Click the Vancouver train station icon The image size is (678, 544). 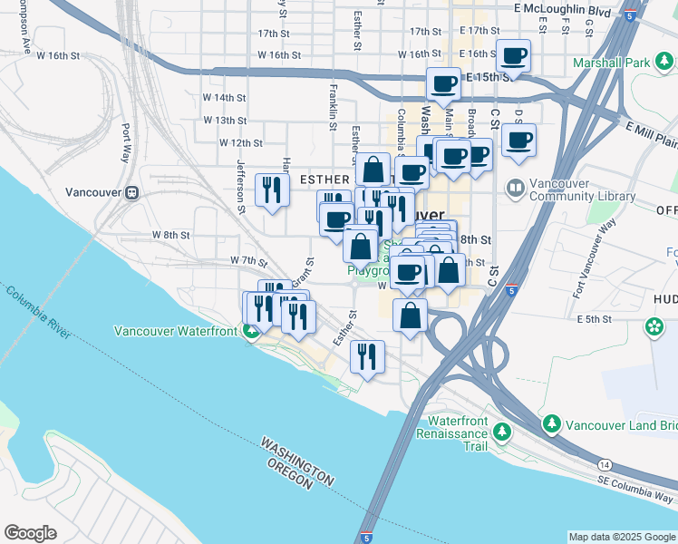click(x=132, y=192)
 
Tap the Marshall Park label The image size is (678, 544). click(x=611, y=63)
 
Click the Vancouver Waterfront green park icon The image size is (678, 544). click(x=251, y=331)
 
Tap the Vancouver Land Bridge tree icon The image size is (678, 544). click(x=551, y=423)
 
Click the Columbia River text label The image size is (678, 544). click(x=37, y=312)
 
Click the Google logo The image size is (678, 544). click(x=31, y=532)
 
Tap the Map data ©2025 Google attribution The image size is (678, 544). click(x=621, y=537)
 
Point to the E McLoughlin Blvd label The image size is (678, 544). click(x=562, y=9)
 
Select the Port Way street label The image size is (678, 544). click(x=126, y=142)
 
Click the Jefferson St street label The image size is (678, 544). click(x=241, y=186)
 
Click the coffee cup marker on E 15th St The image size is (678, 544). click(x=444, y=84)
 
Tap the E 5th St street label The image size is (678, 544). click(x=595, y=319)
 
